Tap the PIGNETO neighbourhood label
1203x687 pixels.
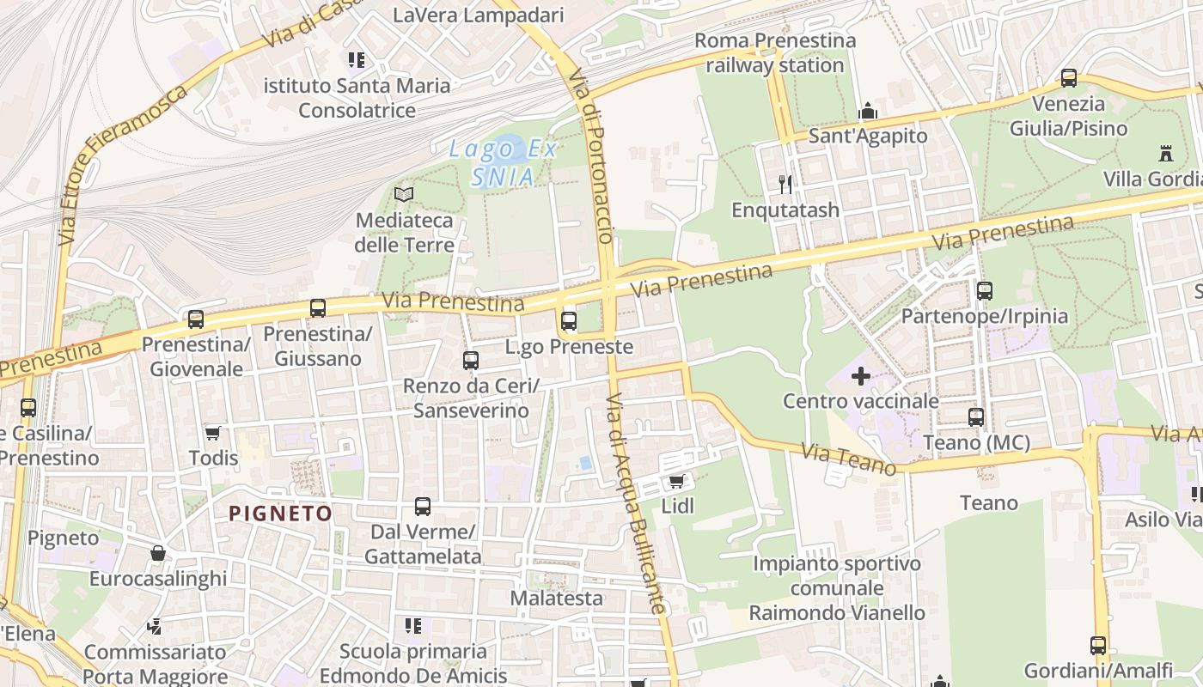(x=280, y=514)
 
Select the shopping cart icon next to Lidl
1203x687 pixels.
(x=676, y=481)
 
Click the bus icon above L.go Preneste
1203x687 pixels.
(x=568, y=321)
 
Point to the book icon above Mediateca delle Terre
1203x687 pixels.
(x=404, y=195)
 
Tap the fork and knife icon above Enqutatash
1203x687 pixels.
(x=785, y=184)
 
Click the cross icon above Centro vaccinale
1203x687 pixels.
(x=860, y=376)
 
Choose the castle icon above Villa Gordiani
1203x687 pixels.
(x=1166, y=154)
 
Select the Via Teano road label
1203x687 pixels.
(x=849, y=459)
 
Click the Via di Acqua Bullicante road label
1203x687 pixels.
(x=636, y=504)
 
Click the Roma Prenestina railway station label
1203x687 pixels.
(x=775, y=52)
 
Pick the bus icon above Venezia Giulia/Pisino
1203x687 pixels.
(x=1069, y=78)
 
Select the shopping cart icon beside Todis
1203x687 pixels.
(x=213, y=433)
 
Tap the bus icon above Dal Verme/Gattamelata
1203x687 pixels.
(x=422, y=507)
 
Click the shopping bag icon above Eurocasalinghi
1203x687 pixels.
(x=158, y=553)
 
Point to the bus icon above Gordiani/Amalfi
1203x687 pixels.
(x=1097, y=645)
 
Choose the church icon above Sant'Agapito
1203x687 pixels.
(x=868, y=111)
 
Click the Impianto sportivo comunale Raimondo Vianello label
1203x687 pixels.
(x=837, y=588)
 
